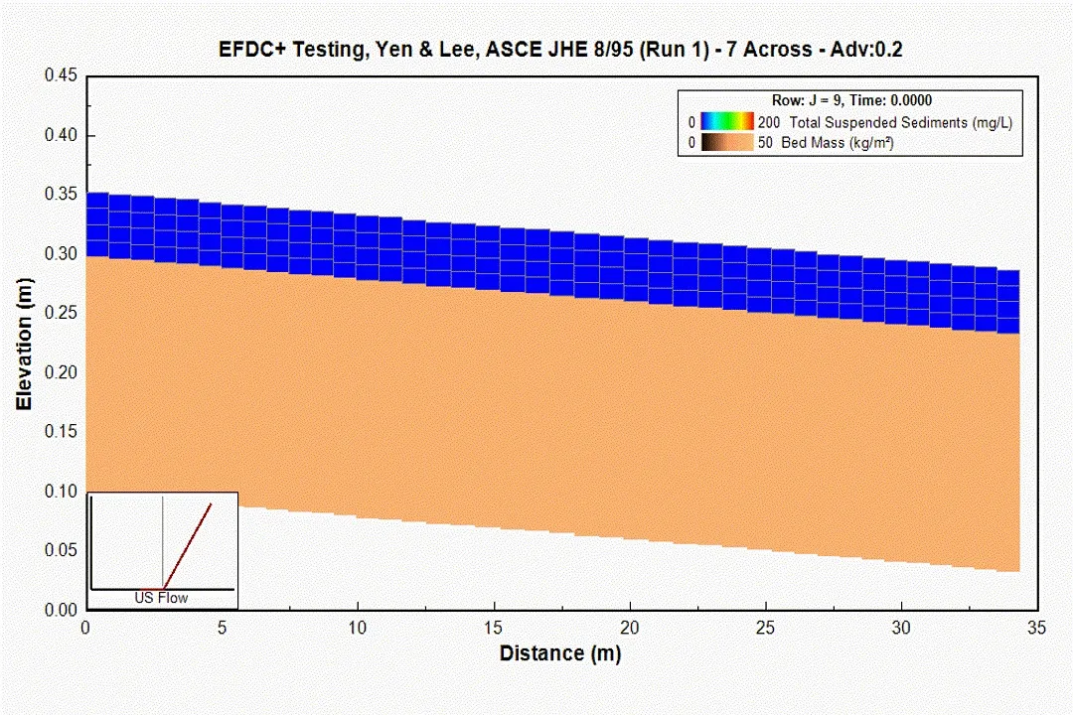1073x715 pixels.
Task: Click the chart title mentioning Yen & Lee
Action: click(560, 50)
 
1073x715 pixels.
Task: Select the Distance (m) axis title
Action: click(560, 653)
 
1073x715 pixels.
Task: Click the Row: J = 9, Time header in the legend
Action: click(851, 100)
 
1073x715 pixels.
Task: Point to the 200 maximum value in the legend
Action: click(769, 122)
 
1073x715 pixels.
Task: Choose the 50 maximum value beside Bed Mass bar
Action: click(766, 143)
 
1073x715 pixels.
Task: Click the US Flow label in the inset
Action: click(162, 598)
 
